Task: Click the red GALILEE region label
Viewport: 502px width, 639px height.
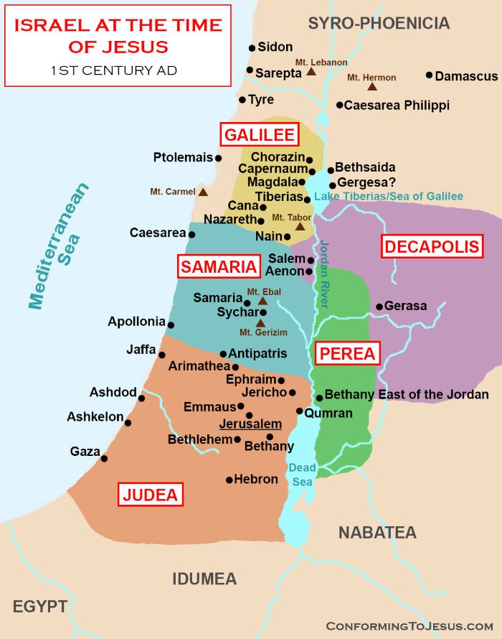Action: coord(258,135)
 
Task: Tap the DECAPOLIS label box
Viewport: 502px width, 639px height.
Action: coord(432,247)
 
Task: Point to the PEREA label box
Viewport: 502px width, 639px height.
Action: coord(348,353)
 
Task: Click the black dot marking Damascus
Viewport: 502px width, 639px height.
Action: coord(429,75)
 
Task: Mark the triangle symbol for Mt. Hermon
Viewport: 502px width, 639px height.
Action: coord(372,87)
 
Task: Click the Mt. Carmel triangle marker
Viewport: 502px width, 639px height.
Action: coord(204,192)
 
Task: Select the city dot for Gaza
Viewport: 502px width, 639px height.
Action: coord(104,458)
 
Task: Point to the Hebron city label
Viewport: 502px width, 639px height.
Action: coord(256,479)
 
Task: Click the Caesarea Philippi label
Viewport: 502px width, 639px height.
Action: coord(397,105)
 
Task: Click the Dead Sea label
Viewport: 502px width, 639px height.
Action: coord(302,475)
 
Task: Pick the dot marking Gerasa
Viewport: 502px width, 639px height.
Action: coord(379,307)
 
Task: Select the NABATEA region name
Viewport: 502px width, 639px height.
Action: coord(377,532)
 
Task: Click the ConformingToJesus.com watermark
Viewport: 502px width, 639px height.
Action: coord(409,625)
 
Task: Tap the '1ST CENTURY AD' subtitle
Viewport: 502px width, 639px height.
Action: coord(114,70)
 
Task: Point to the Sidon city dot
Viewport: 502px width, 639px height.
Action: coord(252,48)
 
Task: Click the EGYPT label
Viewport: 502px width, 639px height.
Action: coord(40,607)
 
